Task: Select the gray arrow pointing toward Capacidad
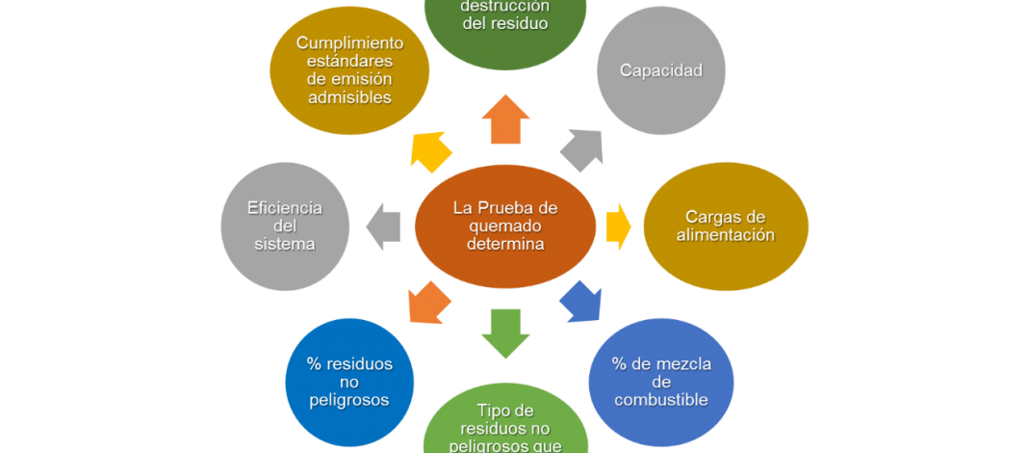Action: (x=581, y=150)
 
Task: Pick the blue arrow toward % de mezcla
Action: (x=580, y=300)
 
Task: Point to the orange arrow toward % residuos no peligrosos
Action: (x=430, y=302)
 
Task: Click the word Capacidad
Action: (x=660, y=70)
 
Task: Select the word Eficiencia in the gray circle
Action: (x=284, y=208)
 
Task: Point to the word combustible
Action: (x=660, y=399)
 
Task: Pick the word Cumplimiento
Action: (x=349, y=42)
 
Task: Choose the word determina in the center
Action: (x=505, y=244)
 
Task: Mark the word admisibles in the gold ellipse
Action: (x=349, y=96)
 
